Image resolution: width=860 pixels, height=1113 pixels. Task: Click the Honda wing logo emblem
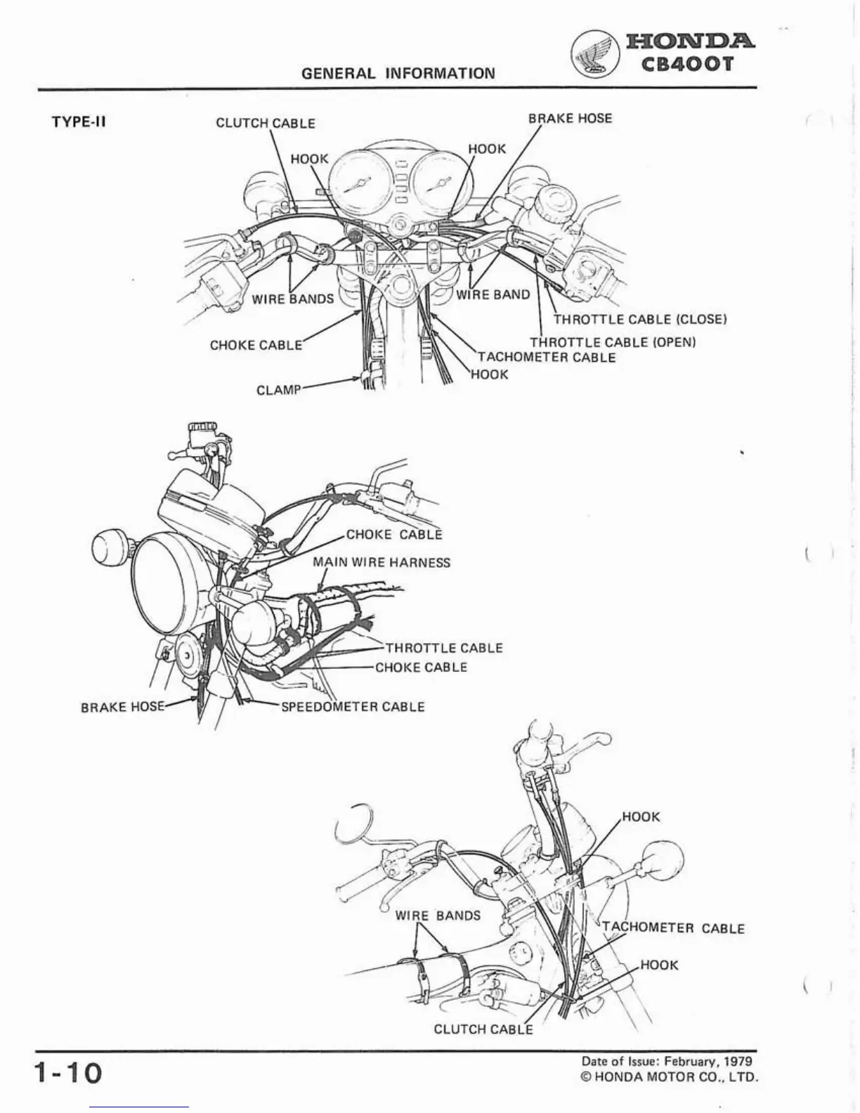pyautogui.click(x=594, y=56)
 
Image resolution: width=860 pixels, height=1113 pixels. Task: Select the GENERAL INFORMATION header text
pyautogui.click(x=398, y=73)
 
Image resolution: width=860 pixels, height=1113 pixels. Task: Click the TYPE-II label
pyautogui.click(x=79, y=122)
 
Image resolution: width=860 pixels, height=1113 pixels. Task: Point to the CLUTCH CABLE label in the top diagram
pyautogui.click(x=265, y=123)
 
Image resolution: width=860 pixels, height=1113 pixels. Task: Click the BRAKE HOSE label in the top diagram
pyautogui.click(x=570, y=118)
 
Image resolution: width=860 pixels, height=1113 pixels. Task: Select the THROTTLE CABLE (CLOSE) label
pyautogui.click(x=639, y=320)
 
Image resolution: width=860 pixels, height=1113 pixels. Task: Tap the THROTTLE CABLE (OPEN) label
pyautogui.click(x=612, y=342)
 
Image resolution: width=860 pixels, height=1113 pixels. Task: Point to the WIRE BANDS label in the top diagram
pyautogui.click(x=293, y=299)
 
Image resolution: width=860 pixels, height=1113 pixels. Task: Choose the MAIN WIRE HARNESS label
pyautogui.click(x=381, y=562)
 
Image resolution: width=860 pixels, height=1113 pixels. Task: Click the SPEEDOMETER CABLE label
pyautogui.click(x=353, y=707)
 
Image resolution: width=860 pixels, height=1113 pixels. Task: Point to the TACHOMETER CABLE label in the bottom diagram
pyautogui.click(x=673, y=928)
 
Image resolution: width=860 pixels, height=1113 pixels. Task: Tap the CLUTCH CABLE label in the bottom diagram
pyautogui.click(x=483, y=1029)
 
